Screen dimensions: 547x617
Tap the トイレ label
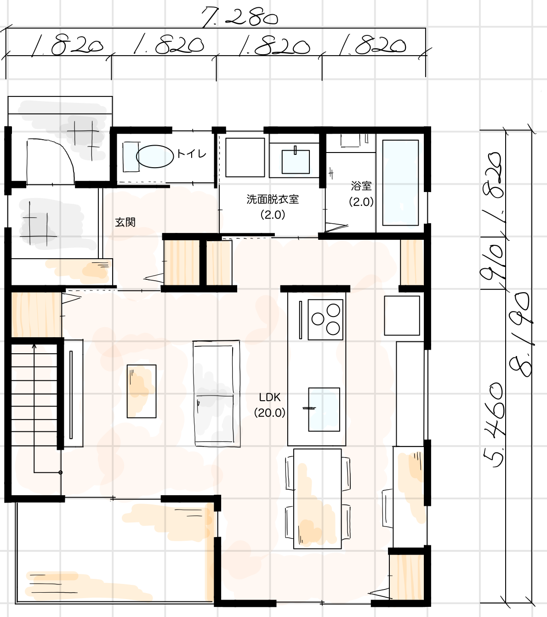click(191, 154)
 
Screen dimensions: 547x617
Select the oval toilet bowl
click(155, 156)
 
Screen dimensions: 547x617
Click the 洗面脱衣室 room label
click(273, 199)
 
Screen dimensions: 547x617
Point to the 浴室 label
click(361, 186)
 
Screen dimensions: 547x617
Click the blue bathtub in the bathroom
click(400, 183)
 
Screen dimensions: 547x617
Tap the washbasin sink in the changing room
click(295, 162)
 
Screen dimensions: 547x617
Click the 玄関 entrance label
click(125, 222)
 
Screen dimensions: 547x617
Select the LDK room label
click(270, 397)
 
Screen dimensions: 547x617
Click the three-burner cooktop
click(325, 319)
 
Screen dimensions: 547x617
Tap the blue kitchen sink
click(324, 409)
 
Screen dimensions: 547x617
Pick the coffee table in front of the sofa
click(142, 391)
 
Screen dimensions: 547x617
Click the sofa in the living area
click(217, 393)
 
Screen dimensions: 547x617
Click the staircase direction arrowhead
click(34, 346)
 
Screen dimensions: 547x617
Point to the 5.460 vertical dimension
click(493, 425)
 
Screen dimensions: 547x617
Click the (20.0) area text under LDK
click(270, 413)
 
